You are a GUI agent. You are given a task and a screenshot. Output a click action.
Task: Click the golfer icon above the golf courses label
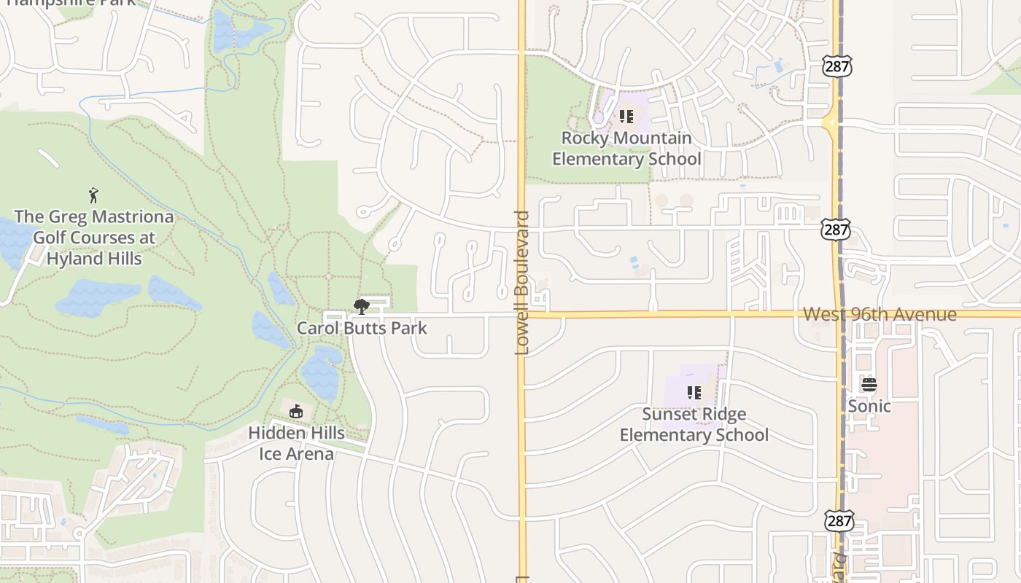pyautogui.click(x=93, y=195)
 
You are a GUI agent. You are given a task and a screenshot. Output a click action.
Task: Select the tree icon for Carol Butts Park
pyautogui.click(x=361, y=307)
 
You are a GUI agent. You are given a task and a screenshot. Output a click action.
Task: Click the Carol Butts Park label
pyautogui.click(x=362, y=328)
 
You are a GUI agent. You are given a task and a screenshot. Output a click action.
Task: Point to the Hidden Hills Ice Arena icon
pyautogui.click(x=295, y=412)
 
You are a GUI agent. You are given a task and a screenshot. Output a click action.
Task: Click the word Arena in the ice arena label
pyautogui.click(x=309, y=454)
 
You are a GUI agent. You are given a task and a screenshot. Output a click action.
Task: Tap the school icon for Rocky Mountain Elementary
pyautogui.click(x=626, y=117)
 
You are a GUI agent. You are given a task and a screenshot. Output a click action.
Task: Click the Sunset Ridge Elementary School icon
pyautogui.click(x=694, y=393)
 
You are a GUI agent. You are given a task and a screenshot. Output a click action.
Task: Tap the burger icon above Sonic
pyautogui.click(x=869, y=385)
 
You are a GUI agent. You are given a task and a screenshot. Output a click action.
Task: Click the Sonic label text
pyautogui.click(x=869, y=405)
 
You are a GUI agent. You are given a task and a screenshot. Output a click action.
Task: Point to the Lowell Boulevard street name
pyautogui.click(x=521, y=283)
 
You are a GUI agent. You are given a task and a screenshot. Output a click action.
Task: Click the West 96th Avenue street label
pyautogui.click(x=880, y=314)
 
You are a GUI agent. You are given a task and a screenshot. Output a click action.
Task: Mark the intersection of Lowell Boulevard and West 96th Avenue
pyautogui.click(x=521, y=315)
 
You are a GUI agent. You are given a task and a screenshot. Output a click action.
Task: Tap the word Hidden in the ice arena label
pyautogui.click(x=274, y=433)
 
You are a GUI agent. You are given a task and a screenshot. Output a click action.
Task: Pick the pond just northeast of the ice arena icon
pyautogui.click(x=321, y=372)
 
